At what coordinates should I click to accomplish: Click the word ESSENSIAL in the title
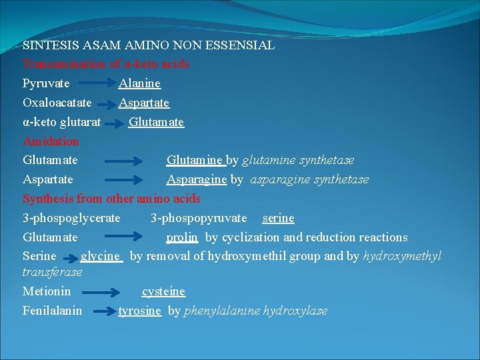pyautogui.click(x=244, y=45)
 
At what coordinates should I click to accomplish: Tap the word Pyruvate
pyautogui.click(x=46, y=84)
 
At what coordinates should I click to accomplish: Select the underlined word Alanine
pyautogui.click(x=139, y=84)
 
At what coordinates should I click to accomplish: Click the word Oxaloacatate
pyautogui.click(x=57, y=103)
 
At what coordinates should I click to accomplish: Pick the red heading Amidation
pyautogui.click(x=51, y=141)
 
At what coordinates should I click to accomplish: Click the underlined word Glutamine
pyautogui.click(x=195, y=161)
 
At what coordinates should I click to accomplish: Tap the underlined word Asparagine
pyautogui.click(x=197, y=180)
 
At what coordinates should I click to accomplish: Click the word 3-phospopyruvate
pyautogui.click(x=199, y=218)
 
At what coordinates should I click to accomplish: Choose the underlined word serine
pyautogui.click(x=278, y=218)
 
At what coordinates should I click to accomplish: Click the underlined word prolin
pyautogui.click(x=182, y=237)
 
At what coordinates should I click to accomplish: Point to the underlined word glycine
pyautogui.click(x=101, y=257)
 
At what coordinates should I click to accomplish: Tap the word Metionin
pyautogui.click(x=47, y=291)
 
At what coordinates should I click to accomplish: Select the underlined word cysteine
pyautogui.click(x=163, y=291)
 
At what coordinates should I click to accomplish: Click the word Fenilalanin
pyautogui.click(x=53, y=311)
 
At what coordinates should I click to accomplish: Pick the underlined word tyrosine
pyautogui.click(x=140, y=311)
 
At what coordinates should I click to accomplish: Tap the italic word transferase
pyautogui.click(x=53, y=272)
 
